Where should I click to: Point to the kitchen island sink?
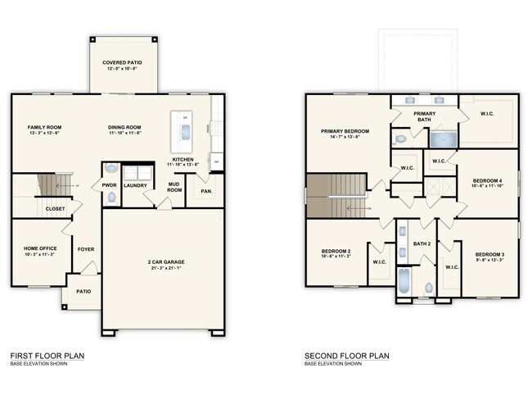[x=183, y=130]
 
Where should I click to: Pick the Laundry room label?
[x=135, y=186]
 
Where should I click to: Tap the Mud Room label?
[x=174, y=186]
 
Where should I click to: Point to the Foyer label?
[x=85, y=248]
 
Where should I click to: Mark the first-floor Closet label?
[x=55, y=208]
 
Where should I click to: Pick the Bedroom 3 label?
[x=489, y=254]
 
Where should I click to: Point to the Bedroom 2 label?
[x=336, y=251]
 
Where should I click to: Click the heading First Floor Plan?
[x=47, y=356]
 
